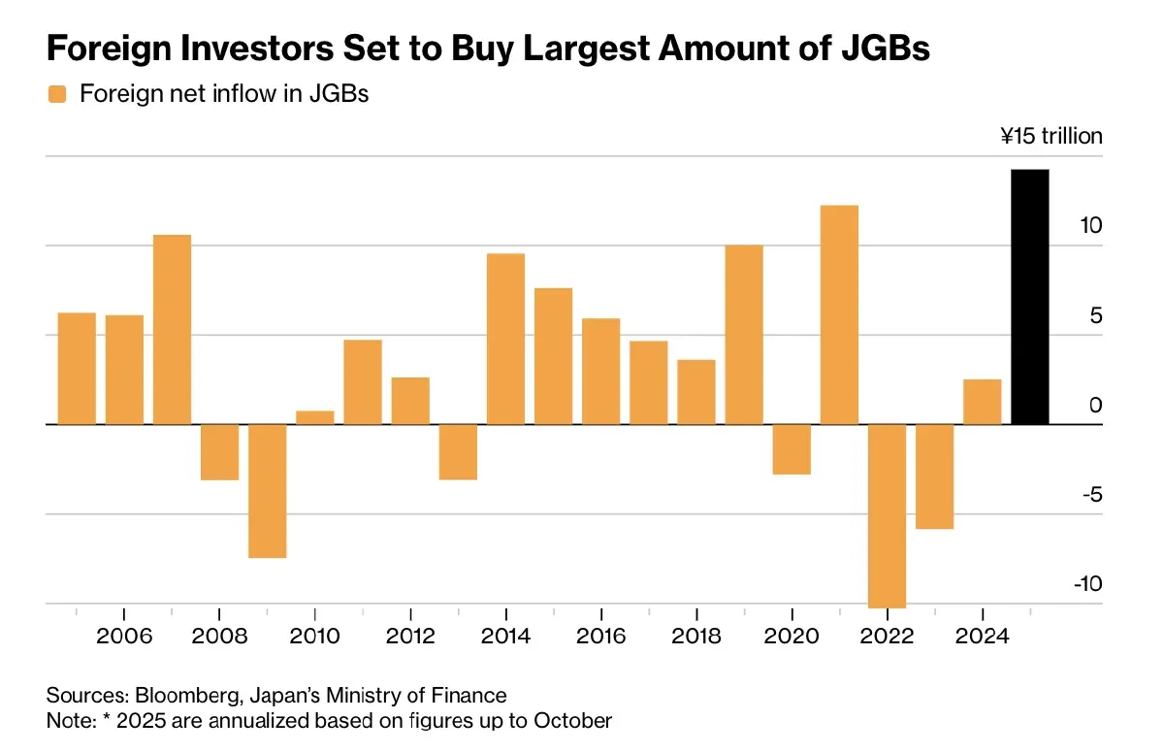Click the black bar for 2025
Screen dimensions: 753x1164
click(x=1029, y=297)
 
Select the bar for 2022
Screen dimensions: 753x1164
click(x=887, y=515)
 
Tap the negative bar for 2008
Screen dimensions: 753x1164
click(x=219, y=452)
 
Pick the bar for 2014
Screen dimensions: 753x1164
click(x=505, y=339)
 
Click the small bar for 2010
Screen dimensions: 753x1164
click(x=315, y=417)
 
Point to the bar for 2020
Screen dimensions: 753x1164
click(x=792, y=449)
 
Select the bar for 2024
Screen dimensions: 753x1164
click(x=982, y=402)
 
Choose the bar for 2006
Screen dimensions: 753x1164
click(x=124, y=370)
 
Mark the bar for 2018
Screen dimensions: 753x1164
click(x=696, y=392)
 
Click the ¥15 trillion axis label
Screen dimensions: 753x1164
click(x=1051, y=136)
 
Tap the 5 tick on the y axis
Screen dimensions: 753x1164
click(x=1095, y=315)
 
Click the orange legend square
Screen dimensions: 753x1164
click(x=57, y=95)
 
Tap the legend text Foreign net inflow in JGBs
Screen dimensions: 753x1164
click(x=224, y=95)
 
